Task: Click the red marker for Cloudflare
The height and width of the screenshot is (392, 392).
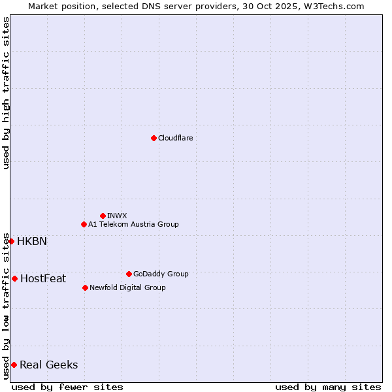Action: pyautogui.click(x=154, y=138)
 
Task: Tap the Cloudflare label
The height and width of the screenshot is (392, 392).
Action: pyautogui.click(x=175, y=138)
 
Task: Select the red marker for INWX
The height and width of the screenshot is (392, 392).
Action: pyautogui.click(x=103, y=216)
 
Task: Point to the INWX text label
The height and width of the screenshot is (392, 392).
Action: pyautogui.click(x=117, y=216)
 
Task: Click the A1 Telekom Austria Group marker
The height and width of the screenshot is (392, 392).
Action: pyautogui.click(x=84, y=224)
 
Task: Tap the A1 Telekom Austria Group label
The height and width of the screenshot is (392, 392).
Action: pyautogui.click(x=133, y=224)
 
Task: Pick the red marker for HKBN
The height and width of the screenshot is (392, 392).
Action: pyautogui.click(x=11, y=241)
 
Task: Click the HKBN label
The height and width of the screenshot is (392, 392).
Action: pyautogui.click(x=32, y=241)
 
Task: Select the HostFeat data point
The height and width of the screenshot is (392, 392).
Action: pyautogui.click(x=14, y=278)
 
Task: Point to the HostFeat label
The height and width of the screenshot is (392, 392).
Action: pyautogui.click(x=43, y=278)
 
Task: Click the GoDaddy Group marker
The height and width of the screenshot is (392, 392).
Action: pyautogui.click(x=129, y=274)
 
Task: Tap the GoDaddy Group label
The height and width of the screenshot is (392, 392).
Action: pyautogui.click(x=161, y=274)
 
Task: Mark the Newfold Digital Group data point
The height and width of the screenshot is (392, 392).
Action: pyautogui.click(x=85, y=287)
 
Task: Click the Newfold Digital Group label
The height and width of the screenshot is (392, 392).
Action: pyautogui.click(x=127, y=287)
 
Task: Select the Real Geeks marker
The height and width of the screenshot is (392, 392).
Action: pyautogui.click(x=14, y=365)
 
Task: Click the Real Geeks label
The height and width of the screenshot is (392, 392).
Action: pyautogui.click(x=49, y=365)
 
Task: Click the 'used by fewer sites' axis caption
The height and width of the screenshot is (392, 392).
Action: pyautogui.click(x=67, y=387)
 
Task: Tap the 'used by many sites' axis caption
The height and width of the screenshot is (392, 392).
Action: pyautogui.click(x=328, y=387)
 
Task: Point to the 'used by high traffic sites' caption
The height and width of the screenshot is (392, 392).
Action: pyautogui.click(x=6, y=93)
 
